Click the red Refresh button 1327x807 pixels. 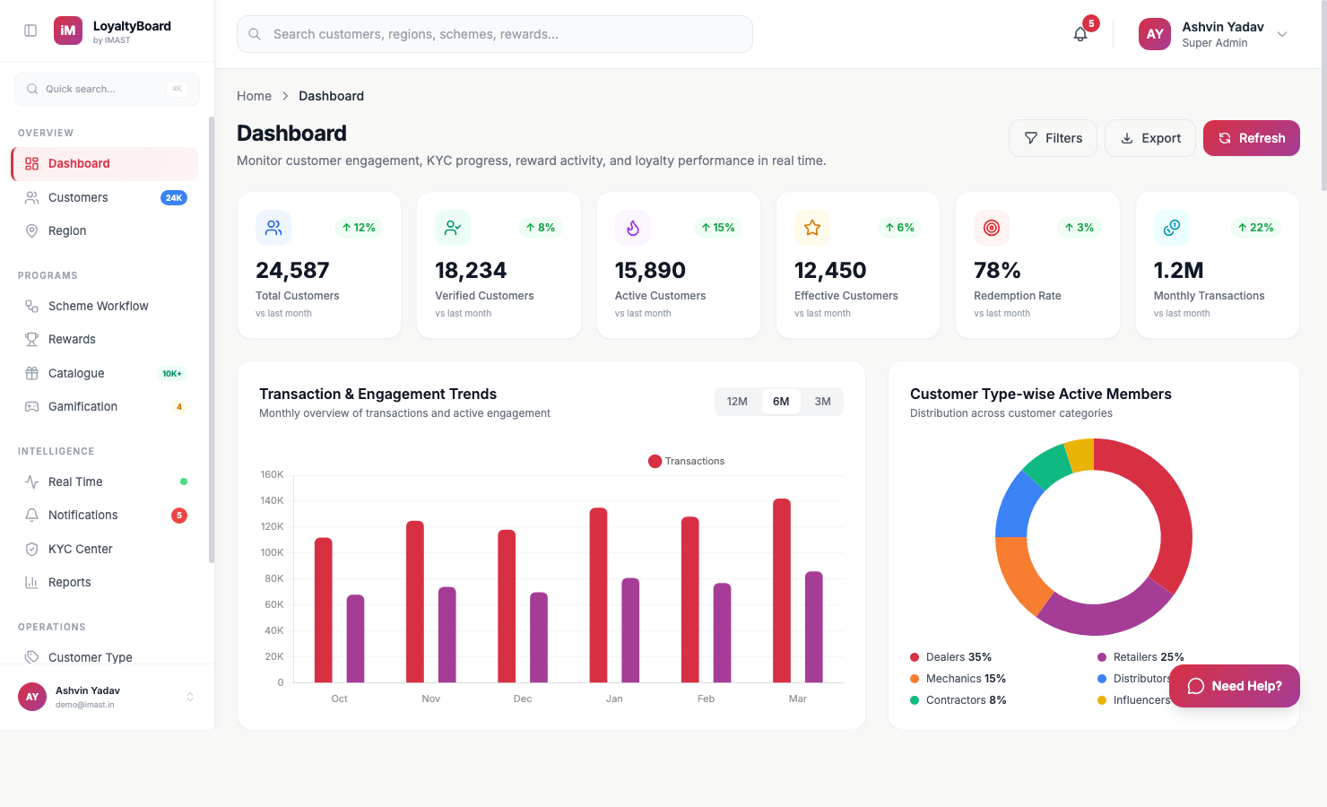tap(1251, 138)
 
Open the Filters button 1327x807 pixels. tap(1053, 138)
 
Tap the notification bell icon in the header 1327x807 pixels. tap(1080, 34)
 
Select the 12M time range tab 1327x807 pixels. tap(737, 402)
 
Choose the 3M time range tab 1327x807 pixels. tap(822, 402)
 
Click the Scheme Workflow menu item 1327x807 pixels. tap(98, 306)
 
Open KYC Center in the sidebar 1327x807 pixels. tap(80, 549)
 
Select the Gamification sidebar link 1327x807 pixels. tap(82, 406)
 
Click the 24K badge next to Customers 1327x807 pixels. tap(174, 197)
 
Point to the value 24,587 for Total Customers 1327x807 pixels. tap(292, 270)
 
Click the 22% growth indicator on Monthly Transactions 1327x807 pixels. tap(1255, 228)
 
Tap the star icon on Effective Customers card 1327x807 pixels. tap(812, 228)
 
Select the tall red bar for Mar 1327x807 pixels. tap(782, 591)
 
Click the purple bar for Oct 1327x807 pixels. tap(355, 638)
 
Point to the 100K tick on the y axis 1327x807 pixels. tap(272, 552)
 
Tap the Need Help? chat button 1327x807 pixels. tap(1235, 686)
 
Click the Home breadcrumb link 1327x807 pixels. tap(254, 96)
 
